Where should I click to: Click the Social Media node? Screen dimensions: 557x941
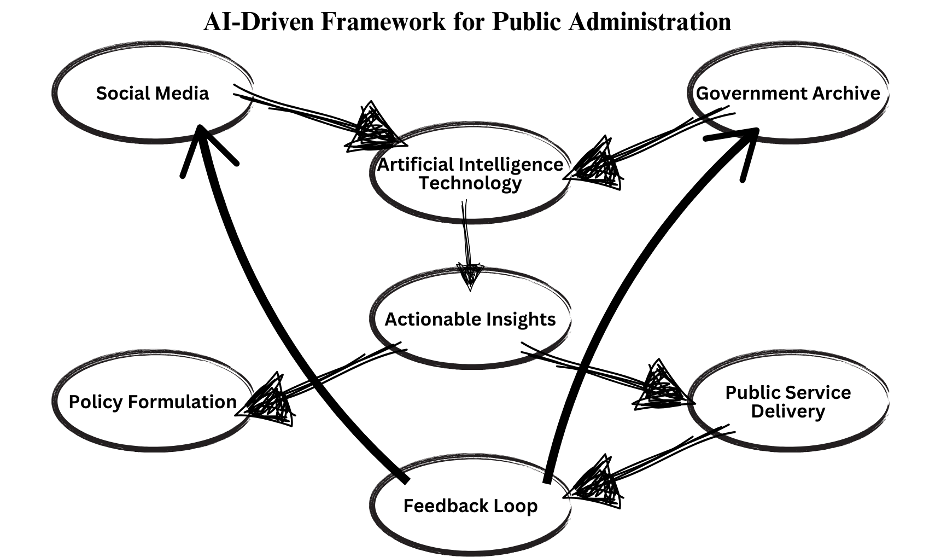point(153,93)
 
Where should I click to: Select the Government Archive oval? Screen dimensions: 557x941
point(787,93)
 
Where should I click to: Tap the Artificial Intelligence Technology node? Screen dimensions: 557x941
point(470,174)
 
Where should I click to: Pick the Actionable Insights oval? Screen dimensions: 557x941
point(470,319)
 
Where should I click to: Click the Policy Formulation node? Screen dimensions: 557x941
point(153,402)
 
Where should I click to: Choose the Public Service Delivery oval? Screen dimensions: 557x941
point(787,402)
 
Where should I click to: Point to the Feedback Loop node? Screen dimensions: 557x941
point(470,506)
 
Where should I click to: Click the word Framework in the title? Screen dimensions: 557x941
point(383,22)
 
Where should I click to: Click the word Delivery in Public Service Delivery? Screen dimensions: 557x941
point(787,411)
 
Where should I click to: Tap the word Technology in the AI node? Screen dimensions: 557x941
point(470,183)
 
